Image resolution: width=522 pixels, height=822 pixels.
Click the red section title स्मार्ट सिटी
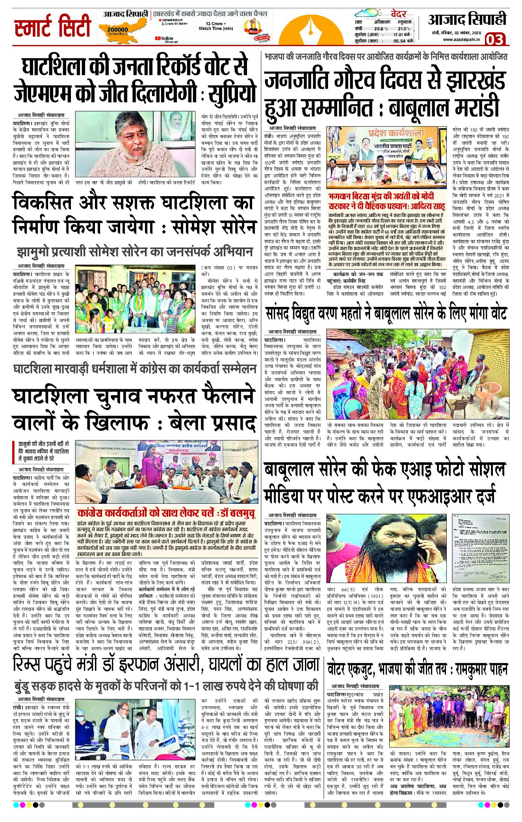[53, 26]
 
